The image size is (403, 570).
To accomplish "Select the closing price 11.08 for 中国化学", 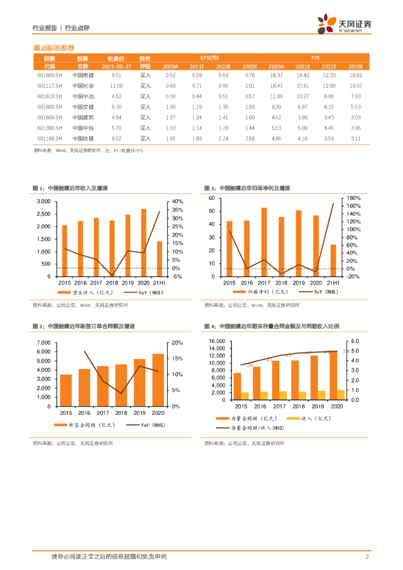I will (x=116, y=86).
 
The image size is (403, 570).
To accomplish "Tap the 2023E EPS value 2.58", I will (x=250, y=138).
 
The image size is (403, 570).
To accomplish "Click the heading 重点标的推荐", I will (x=54, y=48).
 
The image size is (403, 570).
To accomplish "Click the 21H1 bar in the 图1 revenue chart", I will (x=159, y=258).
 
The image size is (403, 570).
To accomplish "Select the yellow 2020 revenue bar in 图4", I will (x=341, y=395).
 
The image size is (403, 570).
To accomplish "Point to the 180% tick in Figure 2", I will (x=355, y=198).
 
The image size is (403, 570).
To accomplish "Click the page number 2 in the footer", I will (x=367, y=557).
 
